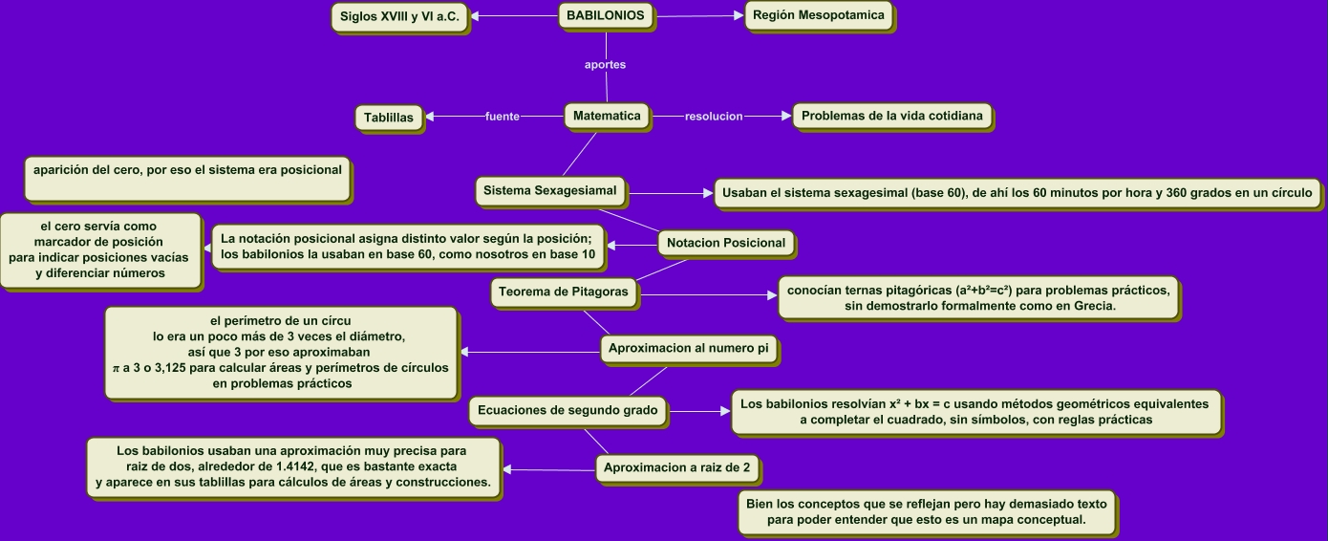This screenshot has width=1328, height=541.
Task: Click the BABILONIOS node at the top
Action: (x=606, y=15)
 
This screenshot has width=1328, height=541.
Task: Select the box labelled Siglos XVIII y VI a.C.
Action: (x=399, y=17)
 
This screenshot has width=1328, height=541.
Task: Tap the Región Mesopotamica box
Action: (x=819, y=15)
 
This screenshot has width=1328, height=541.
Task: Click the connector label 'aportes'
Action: (x=605, y=65)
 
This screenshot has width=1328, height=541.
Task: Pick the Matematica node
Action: (x=607, y=116)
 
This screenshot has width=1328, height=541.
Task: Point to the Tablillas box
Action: (x=389, y=118)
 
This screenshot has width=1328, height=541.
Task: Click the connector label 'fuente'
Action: (x=503, y=117)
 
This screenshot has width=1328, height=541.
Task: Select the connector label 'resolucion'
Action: (x=714, y=117)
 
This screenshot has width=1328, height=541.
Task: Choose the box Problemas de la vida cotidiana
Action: (x=891, y=116)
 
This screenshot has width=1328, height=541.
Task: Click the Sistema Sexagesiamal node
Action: (x=550, y=190)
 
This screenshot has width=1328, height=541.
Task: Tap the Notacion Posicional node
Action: (x=726, y=243)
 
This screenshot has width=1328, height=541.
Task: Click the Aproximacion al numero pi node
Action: (x=689, y=348)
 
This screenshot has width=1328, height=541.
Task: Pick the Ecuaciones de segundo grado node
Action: (x=567, y=410)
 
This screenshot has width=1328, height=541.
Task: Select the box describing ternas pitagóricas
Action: (x=978, y=297)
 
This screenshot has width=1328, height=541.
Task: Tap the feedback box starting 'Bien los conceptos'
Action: (x=926, y=512)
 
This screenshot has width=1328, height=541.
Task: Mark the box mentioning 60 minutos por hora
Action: (x=1017, y=192)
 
